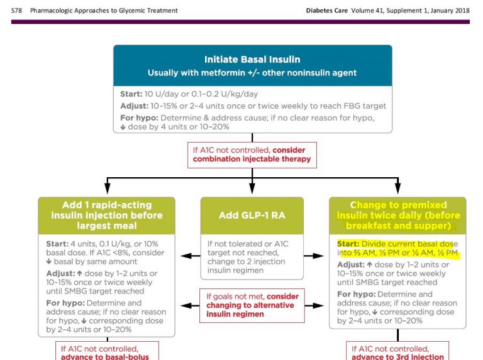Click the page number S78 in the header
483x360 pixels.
pyautogui.click(x=17, y=11)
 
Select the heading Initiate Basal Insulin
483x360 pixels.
pyautogui.click(x=252, y=60)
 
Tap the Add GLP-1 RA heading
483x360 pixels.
pyautogui.click(x=252, y=215)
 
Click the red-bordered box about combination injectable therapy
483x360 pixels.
pyautogui.click(x=252, y=155)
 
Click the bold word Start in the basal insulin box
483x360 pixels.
pyautogui.click(x=131, y=93)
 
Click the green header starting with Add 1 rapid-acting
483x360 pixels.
pyautogui.click(x=107, y=215)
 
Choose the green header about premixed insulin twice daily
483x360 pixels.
pyautogui.click(x=397, y=215)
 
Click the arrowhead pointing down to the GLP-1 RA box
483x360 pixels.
pyautogui.click(x=252, y=188)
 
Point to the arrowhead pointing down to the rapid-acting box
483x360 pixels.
pyautogui.click(x=107, y=188)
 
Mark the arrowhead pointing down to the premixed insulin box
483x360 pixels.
pyautogui.click(x=397, y=188)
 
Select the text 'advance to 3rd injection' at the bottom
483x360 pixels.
pyautogui.click(x=398, y=356)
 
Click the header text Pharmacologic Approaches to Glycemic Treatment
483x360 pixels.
pyautogui.click(x=104, y=11)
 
